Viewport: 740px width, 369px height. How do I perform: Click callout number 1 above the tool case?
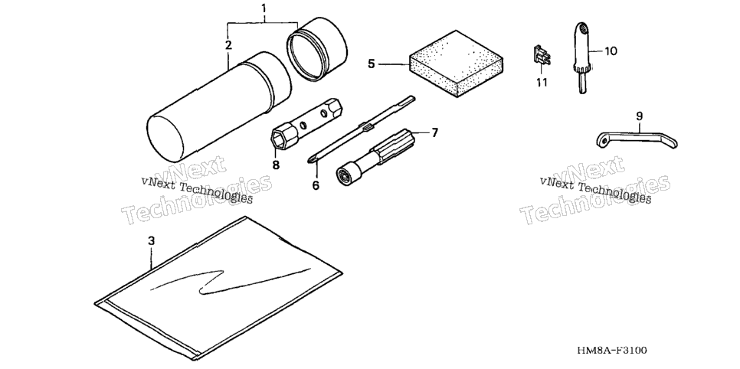(x=264, y=8)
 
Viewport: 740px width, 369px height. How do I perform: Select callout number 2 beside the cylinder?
(x=228, y=45)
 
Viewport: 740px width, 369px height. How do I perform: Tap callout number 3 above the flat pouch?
(x=151, y=240)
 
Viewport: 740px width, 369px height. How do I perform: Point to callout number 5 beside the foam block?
(x=372, y=64)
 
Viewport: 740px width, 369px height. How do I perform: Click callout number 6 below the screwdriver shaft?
(x=316, y=185)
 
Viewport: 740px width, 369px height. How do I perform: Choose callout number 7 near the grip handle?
(x=434, y=132)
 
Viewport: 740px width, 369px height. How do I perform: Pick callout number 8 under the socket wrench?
(x=276, y=165)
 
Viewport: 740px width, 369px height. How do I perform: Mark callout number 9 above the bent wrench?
(x=640, y=116)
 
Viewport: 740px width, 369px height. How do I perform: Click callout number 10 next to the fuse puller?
(x=611, y=51)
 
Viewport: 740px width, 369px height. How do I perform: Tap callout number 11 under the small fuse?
(x=542, y=83)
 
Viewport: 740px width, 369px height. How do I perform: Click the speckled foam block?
(x=456, y=64)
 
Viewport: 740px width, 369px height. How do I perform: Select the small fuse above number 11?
(x=542, y=56)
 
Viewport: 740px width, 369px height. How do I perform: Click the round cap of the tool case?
(x=316, y=50)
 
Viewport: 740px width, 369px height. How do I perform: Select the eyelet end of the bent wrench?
(x=601, y=139)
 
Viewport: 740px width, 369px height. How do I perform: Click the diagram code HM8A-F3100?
(x=612, y=350)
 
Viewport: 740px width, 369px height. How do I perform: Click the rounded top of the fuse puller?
(x=582, y=29)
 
